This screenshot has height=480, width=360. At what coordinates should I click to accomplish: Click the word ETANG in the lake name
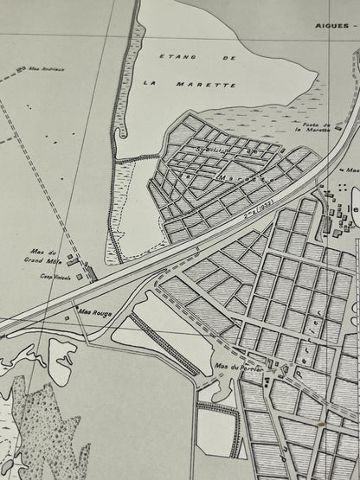[176, 56]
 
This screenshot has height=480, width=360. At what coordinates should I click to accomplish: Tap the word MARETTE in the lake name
[215, 86]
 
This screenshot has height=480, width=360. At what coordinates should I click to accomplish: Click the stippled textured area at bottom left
[48, 432]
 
